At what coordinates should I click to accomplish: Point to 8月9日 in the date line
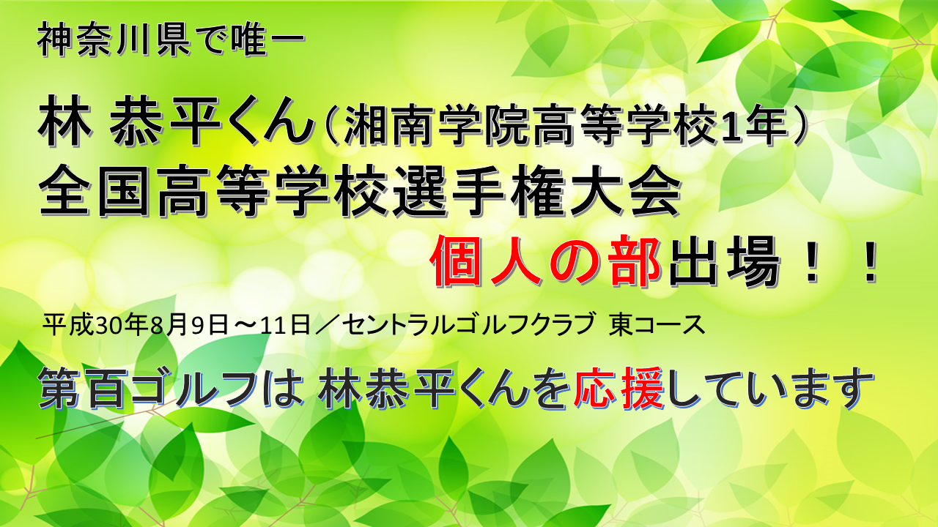click(x=189, y=325)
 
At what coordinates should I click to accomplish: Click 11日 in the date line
click(x=285, y=325)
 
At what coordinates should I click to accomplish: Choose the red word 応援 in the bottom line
click(x=619, y=388)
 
